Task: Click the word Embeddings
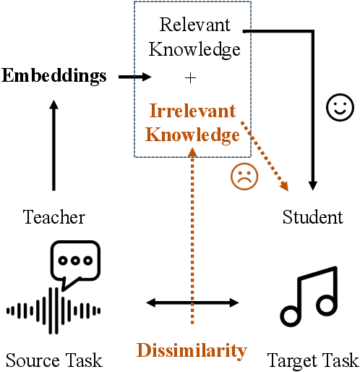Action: (x=54, y=75)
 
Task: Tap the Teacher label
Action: (x=54, y=216)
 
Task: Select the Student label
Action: (x=313, y=216)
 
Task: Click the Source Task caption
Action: (x=54, y=359)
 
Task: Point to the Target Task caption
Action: (x=312, y=359)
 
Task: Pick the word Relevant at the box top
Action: (x=195, y=26)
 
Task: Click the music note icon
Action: (x=309, y=296)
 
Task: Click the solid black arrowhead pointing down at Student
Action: (x=313, y=185)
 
